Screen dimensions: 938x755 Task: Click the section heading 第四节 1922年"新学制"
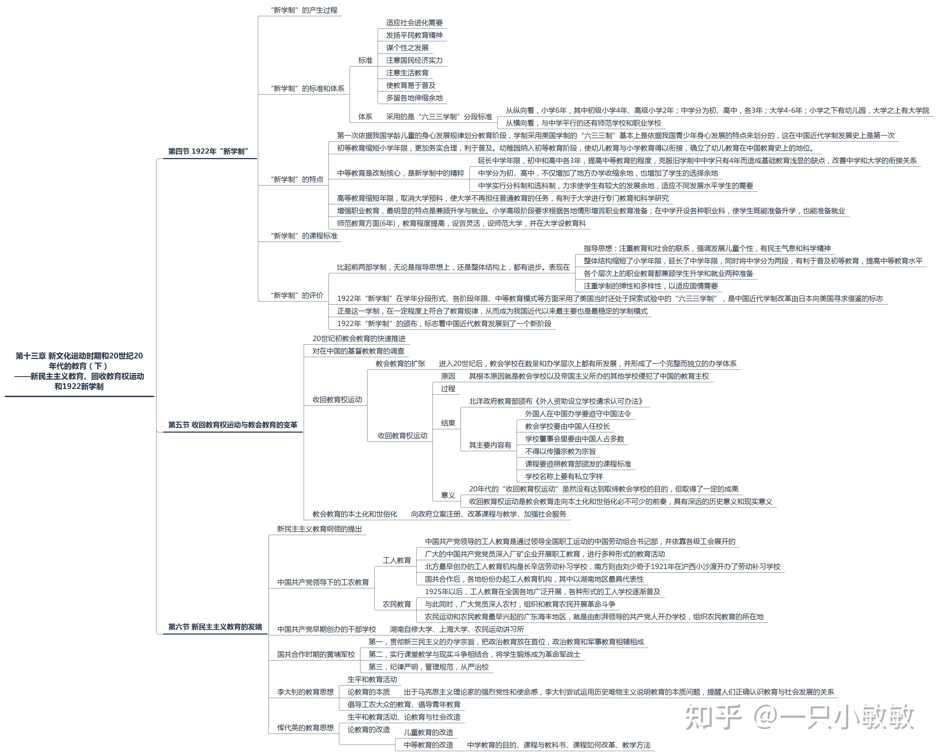point(208,151)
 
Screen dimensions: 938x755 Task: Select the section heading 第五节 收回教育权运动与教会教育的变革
point(233,425)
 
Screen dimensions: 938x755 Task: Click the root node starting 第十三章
point(79,371)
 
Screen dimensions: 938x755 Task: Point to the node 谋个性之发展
point(407,48)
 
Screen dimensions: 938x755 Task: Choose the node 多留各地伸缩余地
point(414,98)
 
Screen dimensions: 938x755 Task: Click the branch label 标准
point(365,60)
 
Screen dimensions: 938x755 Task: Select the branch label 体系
point(365,117)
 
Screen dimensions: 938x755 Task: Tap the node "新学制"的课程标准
point(304,236)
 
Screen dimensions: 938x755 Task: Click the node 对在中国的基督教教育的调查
point(359,351)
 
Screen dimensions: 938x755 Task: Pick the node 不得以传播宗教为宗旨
point(560,451)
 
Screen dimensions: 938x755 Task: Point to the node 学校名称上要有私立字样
point(564,477)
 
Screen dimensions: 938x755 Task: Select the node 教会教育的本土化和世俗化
point(355,514)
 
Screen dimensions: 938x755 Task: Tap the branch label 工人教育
point(397,560)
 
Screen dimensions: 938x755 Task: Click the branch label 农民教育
point(397,604)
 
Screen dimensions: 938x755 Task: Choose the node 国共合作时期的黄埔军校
point(316,654)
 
